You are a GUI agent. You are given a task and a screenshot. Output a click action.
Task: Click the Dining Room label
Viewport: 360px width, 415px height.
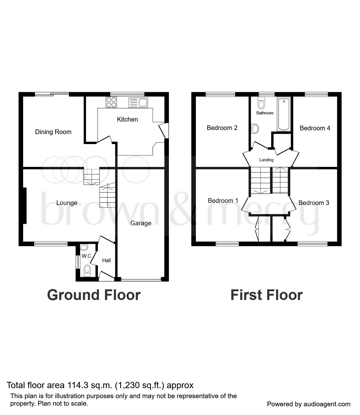[x=53, y=132]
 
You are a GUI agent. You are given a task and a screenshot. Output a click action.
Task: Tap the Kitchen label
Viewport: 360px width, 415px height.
[x=127, y=119]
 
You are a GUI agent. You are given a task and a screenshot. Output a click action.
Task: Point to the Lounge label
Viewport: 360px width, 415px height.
[x=67, y=203]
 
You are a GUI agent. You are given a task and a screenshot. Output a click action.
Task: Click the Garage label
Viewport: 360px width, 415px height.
[x=141, y=223]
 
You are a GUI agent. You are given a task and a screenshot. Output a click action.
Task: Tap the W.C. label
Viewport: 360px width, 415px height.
[x=86, y=256]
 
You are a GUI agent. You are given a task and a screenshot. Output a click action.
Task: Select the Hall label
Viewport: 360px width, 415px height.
[x=107, y=260]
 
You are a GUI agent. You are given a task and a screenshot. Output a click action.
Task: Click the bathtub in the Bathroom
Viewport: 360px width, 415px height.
[x=284, y=114]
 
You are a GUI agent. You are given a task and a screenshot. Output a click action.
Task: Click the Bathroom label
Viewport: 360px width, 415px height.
[x=265, y=113]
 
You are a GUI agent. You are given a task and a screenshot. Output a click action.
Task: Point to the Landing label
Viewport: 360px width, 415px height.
[x=266, y=160]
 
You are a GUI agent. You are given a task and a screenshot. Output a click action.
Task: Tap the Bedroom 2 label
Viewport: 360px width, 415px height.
[x=222, y=128]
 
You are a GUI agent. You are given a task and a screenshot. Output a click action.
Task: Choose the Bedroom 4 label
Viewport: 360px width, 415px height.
[x=315, y=128]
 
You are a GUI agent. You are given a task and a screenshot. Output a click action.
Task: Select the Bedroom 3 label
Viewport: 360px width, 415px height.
[x=314, y=203]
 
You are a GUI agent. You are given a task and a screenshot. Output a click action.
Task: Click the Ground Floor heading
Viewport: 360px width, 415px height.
[x=94, y=295]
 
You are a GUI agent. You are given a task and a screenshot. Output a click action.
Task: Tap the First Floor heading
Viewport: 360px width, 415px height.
[x=266, y=295]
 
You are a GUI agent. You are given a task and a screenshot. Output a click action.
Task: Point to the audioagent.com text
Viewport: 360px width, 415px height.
[x=327, y=404]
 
